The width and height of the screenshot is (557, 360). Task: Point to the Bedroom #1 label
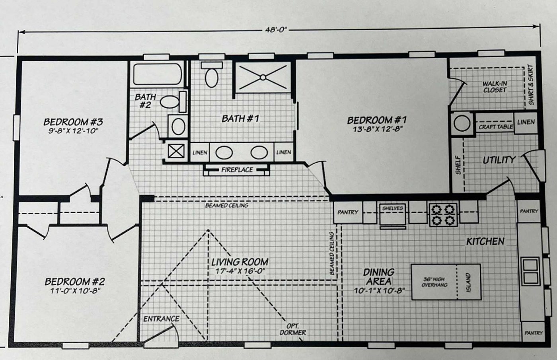pyautogui.click(x=376, y=120)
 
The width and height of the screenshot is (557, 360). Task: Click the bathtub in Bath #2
pyautogui.click(x=157, y=74)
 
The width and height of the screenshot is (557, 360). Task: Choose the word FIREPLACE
pyautogui.click(x=237, y=170)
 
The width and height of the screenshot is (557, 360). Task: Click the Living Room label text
pyautogui.click(x=240, y=262)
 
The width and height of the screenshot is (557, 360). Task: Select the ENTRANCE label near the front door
pyautogui.click(x=161, y=319)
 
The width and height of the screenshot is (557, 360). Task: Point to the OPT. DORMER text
pyautogui.click(x=293, y=329)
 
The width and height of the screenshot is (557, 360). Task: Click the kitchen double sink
pyautogui.click(x=530, y=270)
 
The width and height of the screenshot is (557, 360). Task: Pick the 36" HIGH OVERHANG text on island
pyautogui.click(x=434, y=282)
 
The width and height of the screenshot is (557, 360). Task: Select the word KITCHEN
pyautogui.click(x=485, y=241)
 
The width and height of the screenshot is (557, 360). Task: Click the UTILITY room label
pyautogui.click(x=499, y=160)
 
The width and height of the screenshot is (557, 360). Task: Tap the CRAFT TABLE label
pyautogui.click(x=495, y=126)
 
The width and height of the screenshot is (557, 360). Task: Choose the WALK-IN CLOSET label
pyautogui.click(x=495, y=87)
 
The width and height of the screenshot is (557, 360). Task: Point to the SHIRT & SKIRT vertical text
pyautogui.click(x=531, y=85)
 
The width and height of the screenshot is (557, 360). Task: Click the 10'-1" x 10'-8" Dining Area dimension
pyautogui.click(x=379, y=291)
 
